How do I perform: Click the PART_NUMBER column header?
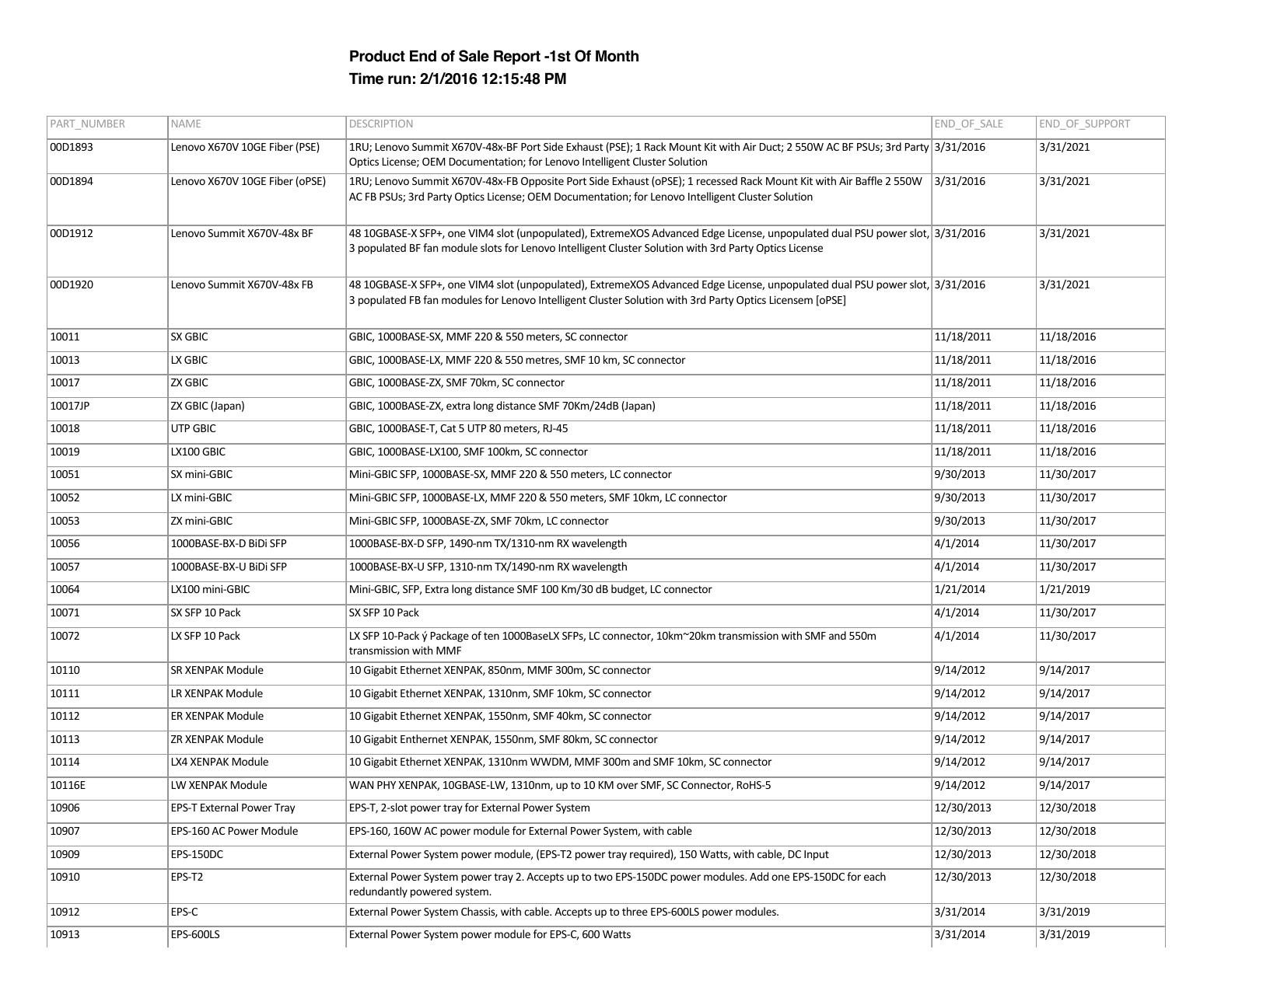tap(87, 124)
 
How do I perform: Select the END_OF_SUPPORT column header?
tap(1084, 124)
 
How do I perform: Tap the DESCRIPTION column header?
tap(381, 124)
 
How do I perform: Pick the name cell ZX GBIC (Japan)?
tap(207, 406)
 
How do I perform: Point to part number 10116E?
tap(68, 785)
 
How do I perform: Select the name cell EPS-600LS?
tap(195, 934)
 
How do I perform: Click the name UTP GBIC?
tap(193, 428)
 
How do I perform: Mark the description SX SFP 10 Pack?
tap(383, 612)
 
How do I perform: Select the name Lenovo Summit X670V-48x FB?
tap(242, 284)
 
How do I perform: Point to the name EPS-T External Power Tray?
tap(233, 808)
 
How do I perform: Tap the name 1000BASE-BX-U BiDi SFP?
tap(229, 567)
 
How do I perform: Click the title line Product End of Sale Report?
tap(494, 56)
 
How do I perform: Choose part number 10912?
tap(65, 912)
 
